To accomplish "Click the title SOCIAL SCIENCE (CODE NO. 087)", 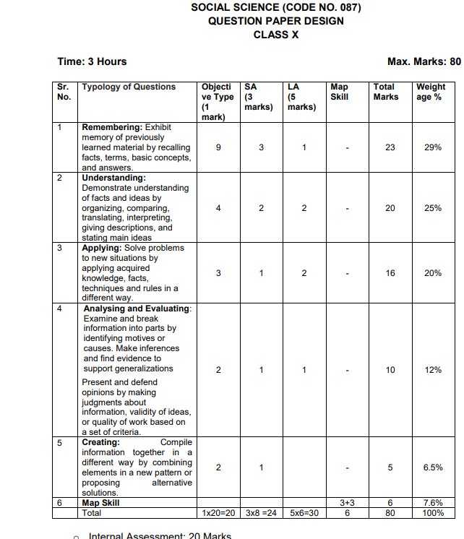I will [x=276, y=8].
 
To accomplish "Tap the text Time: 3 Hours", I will [x=92, y=61].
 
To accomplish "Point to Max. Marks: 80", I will [x=424, y=61].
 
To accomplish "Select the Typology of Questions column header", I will [x=129, y=87].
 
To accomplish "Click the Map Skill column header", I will [x=339, y=91].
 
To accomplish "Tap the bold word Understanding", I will [x=113, y=177].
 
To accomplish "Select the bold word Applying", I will [x=100, y=248].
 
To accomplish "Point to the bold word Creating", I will [x=100, y=442].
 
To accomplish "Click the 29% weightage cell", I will [x=433, y=147].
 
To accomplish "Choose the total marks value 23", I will [x=390, y=147].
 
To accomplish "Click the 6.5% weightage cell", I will [x=433, y=467].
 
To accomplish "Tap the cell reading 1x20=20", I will [x=218, y=513].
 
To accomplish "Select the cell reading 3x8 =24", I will [x=261, y=513].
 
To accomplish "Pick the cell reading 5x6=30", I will [x=304, y=513].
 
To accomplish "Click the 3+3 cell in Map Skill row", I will [x=347, y=502].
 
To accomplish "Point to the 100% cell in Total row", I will [x=433, y=513].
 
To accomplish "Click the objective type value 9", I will [x=218, y=147].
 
